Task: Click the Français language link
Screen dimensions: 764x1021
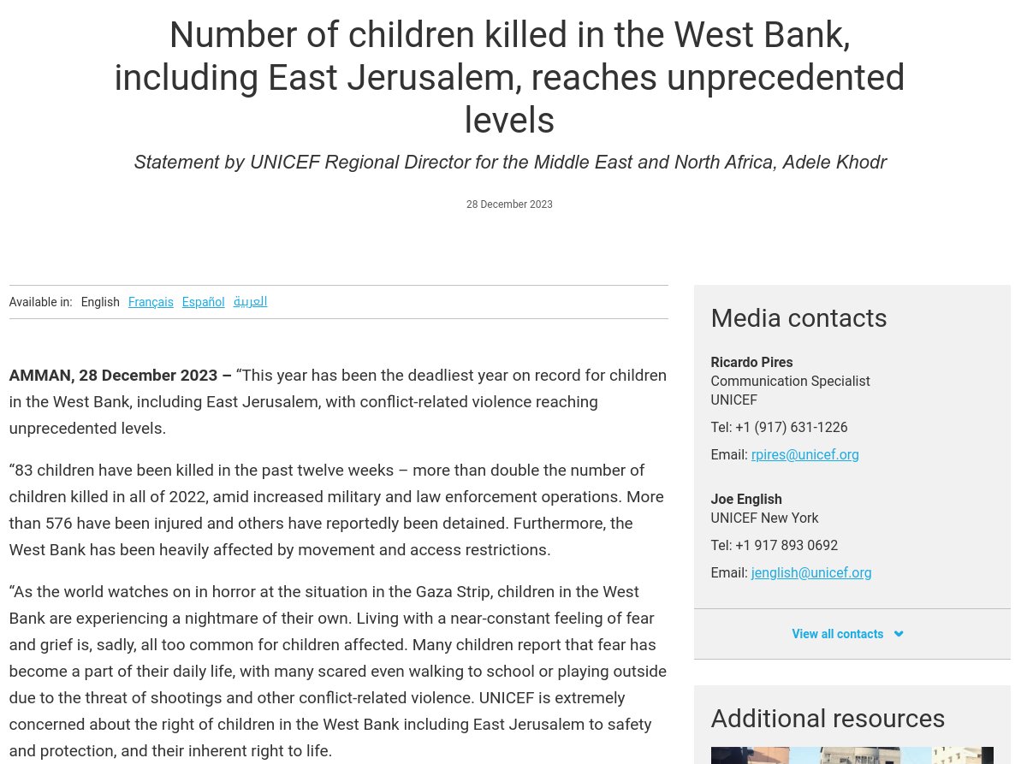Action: pyautogui.click(x=151, y=302)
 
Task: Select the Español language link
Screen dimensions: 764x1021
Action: pyautogui.click(x=203, y=302)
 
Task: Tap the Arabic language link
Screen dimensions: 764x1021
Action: pyautogui.click(x=250, y=301)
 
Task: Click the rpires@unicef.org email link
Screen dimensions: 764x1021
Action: pyautogui.click(x=804, y=455)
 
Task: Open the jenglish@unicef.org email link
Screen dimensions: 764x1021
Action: pyautogui.click(x=811, y=573)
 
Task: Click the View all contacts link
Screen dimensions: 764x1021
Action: pyautogui.click(x=837, y=634)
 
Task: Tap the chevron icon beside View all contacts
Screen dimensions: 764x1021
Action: pyautogui.click(x=899, y=634)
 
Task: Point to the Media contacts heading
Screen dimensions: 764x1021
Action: pyautogui.click(x=798, y=318)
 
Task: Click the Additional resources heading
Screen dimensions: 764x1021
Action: pyautogui.click(x=828, y=718)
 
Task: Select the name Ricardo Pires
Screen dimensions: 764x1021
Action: pyautogui.click(x=751, y=363)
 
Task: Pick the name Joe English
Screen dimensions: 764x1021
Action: pyautogui.click(x=746, y=500)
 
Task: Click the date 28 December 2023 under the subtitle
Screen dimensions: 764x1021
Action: pyautogui.click(x=509, y=204)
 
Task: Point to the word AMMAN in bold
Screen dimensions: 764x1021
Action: pyautogui.click(x=39, y=376)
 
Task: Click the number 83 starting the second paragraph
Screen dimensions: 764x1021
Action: pyautogui.click(x=24, y=471)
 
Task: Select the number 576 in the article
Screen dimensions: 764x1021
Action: pyautogui.click(x=58, y=524)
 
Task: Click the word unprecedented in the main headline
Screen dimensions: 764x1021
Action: pyautogui.click(x=785, y=78)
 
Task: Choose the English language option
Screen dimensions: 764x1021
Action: pyautogui.click(x=100, y=302)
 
